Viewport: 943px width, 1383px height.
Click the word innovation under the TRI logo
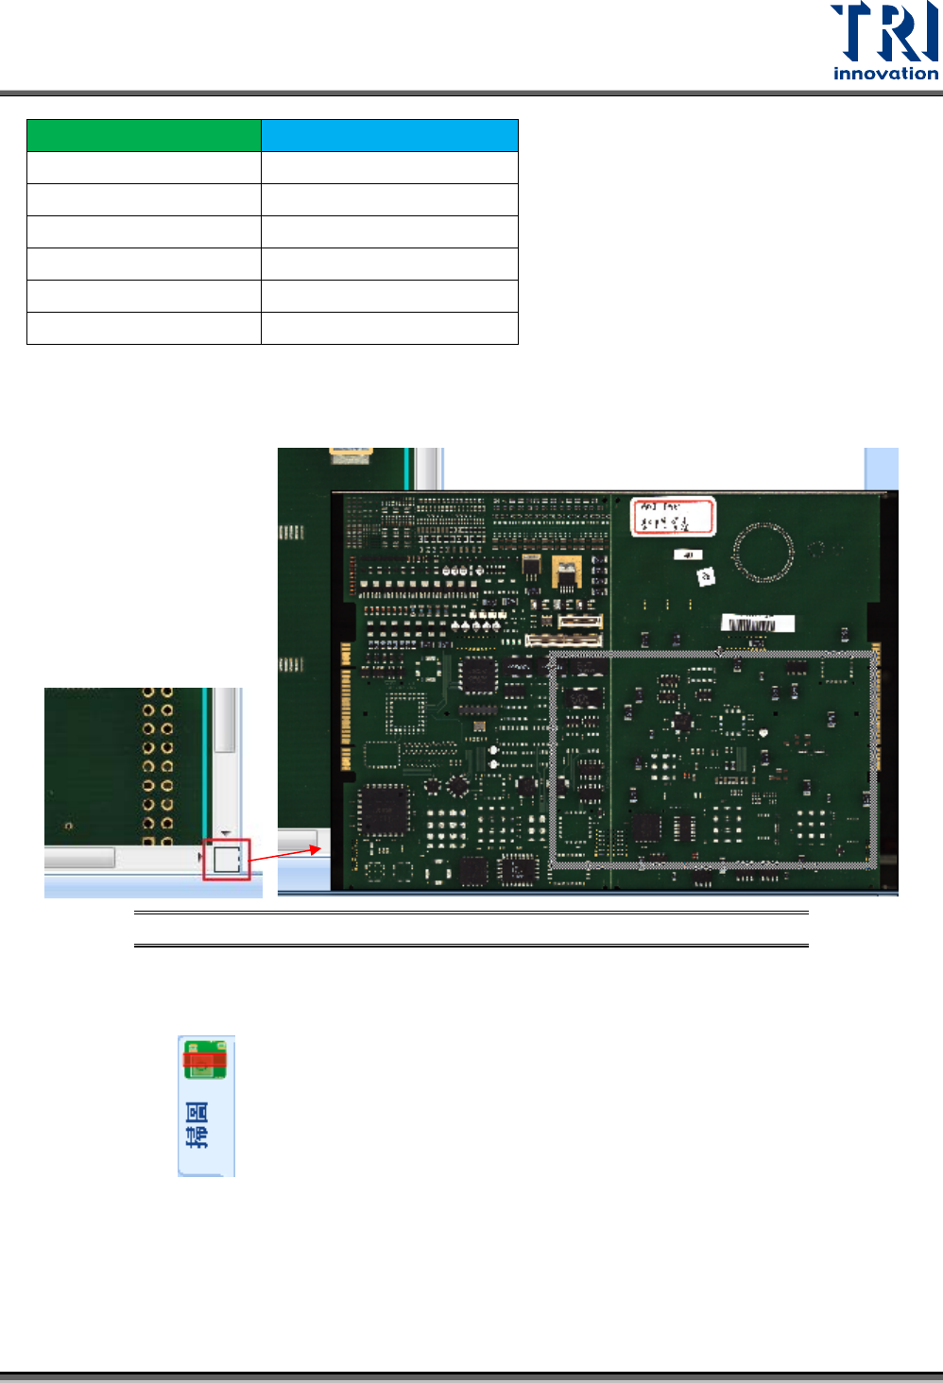coord(885,74)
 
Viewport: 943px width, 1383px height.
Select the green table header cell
coord(144,136)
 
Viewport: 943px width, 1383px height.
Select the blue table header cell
coord(389,136)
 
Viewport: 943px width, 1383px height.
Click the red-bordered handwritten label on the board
coord(673,516)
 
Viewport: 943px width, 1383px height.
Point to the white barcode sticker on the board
coord(758,623)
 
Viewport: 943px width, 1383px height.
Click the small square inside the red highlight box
coord(227,859)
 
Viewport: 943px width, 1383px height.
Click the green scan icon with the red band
coord(205,1060)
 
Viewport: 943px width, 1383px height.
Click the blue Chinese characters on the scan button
coord(197,1124)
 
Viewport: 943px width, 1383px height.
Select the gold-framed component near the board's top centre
coord(565,572)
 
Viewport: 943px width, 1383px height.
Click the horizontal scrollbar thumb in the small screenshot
coord(79,857)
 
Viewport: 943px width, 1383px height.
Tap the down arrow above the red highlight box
coord(226,832)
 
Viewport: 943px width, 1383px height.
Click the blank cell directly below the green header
coord(144,168)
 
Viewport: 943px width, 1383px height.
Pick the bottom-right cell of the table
coord(389,328)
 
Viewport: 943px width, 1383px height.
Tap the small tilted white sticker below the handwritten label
coord(706,576)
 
